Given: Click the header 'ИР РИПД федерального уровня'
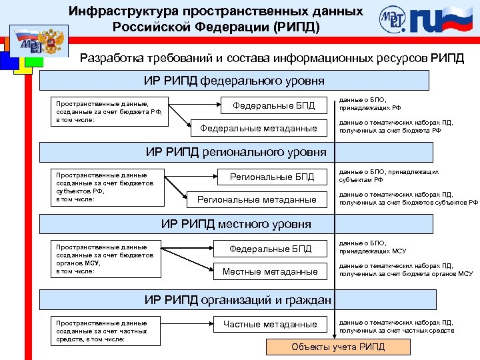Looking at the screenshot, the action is (x=234, y=81).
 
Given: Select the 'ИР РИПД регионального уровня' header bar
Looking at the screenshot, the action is (x=236, y=152).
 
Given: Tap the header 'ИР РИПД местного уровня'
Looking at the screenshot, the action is (x=236, y=223).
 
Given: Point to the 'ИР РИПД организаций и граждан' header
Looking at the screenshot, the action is (x=238, y=300).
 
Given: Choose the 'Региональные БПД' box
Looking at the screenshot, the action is (x=271, y=177).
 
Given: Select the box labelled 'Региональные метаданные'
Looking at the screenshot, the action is (x=257, y=199).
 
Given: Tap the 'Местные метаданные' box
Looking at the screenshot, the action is (x=270, y=271).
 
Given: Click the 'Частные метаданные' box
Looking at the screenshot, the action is (x=270, y=324).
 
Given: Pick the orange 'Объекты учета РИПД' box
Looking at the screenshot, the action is (x=338, y=347).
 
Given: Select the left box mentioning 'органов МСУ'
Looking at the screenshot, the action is (x=107, y=259).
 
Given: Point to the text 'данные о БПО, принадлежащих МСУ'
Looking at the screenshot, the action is (x=373, y=247).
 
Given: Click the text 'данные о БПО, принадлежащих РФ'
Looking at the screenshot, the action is (x=370, y=103).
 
